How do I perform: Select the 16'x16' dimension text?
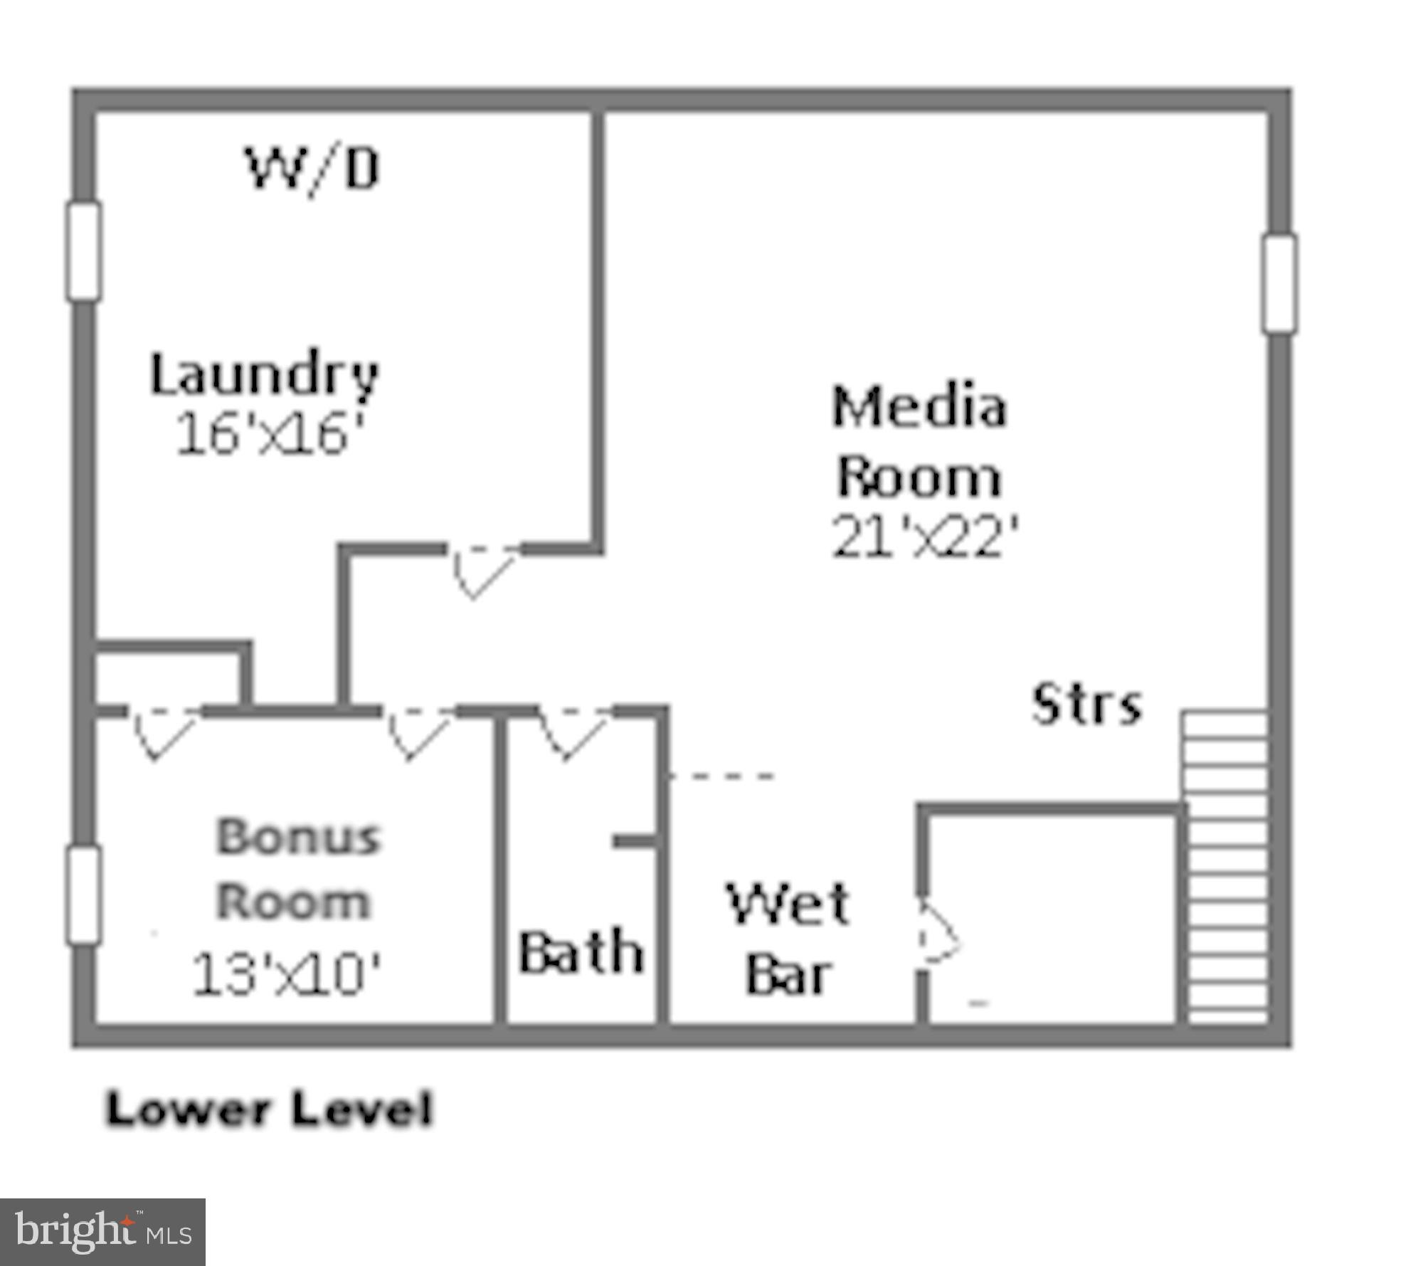pyautogui.click(x=269, y=434)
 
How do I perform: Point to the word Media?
pyautogui.click(x=919, y=406)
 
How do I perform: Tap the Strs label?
pyautogui.click(x=1086, y=705)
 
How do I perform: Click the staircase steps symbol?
pyautogui.click(x=1224, y=868)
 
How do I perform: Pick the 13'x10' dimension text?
pyautogui.click(x=286, y=974)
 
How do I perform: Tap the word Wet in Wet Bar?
pyautogui.click(x=788, y=904)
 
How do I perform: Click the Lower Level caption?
pyautogui.click(x=269, y=1109)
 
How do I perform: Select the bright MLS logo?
pyautogui.click(x=102, y=1231)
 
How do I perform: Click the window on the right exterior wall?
pyautogui.click(x=1279, y=284)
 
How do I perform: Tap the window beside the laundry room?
pyautogui.click(x=84, y=251)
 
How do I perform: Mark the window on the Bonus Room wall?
pyautogui.click(x=84, y=895)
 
